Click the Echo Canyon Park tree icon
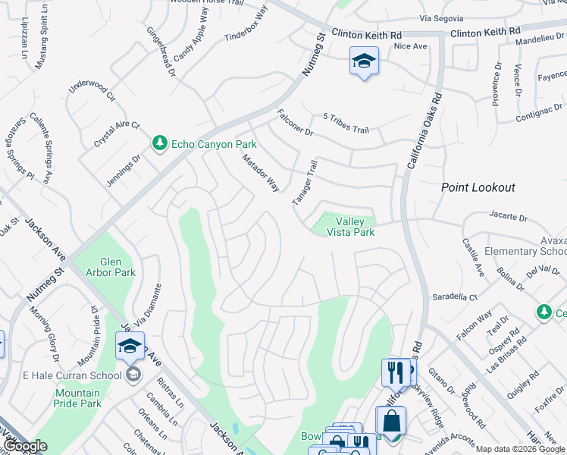click(x=159, y=143)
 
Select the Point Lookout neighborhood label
click(x=478, y=187)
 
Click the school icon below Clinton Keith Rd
click(x=364, y=61)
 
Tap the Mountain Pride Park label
click(x=78, y=398)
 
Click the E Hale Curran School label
click(x=72, y=375)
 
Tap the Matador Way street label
click(x=261, y=173)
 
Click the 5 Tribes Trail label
click(x=346, y=124)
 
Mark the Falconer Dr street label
click(x=295, y=122)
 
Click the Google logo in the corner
click(x=25, y=446)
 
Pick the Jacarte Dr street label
click(x=508, y=217)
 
